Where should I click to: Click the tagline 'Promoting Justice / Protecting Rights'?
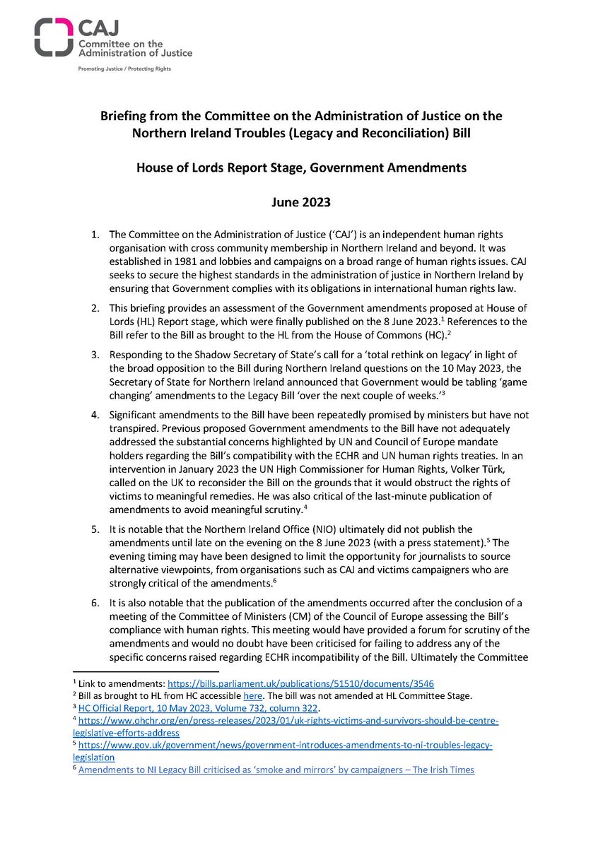click(x=124, y=69)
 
